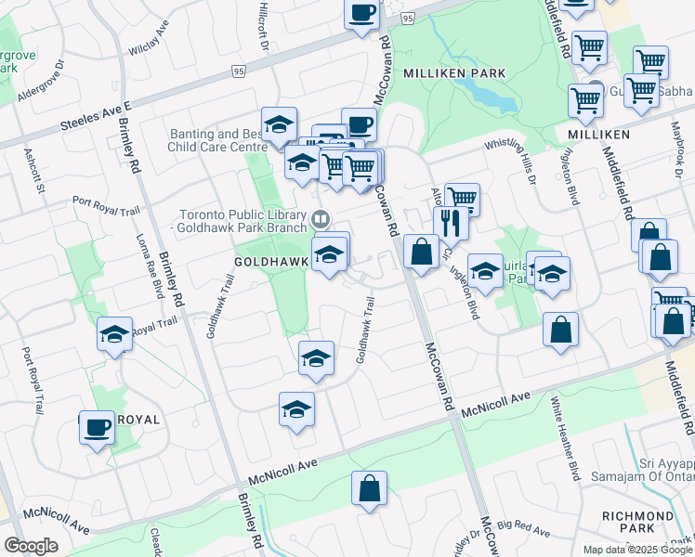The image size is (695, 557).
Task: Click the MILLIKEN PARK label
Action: (x=454, y=72)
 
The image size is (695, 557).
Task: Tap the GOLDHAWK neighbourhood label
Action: (x=272, y=263)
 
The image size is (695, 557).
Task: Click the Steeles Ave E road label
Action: (x=97, y=116)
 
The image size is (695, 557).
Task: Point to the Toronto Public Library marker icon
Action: (x=320, y=220)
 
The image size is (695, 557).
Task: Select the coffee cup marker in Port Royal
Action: (x=96, y=428)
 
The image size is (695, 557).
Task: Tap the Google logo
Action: (x=31, y=546)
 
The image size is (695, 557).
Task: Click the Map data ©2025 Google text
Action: (x=637, y=550)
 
